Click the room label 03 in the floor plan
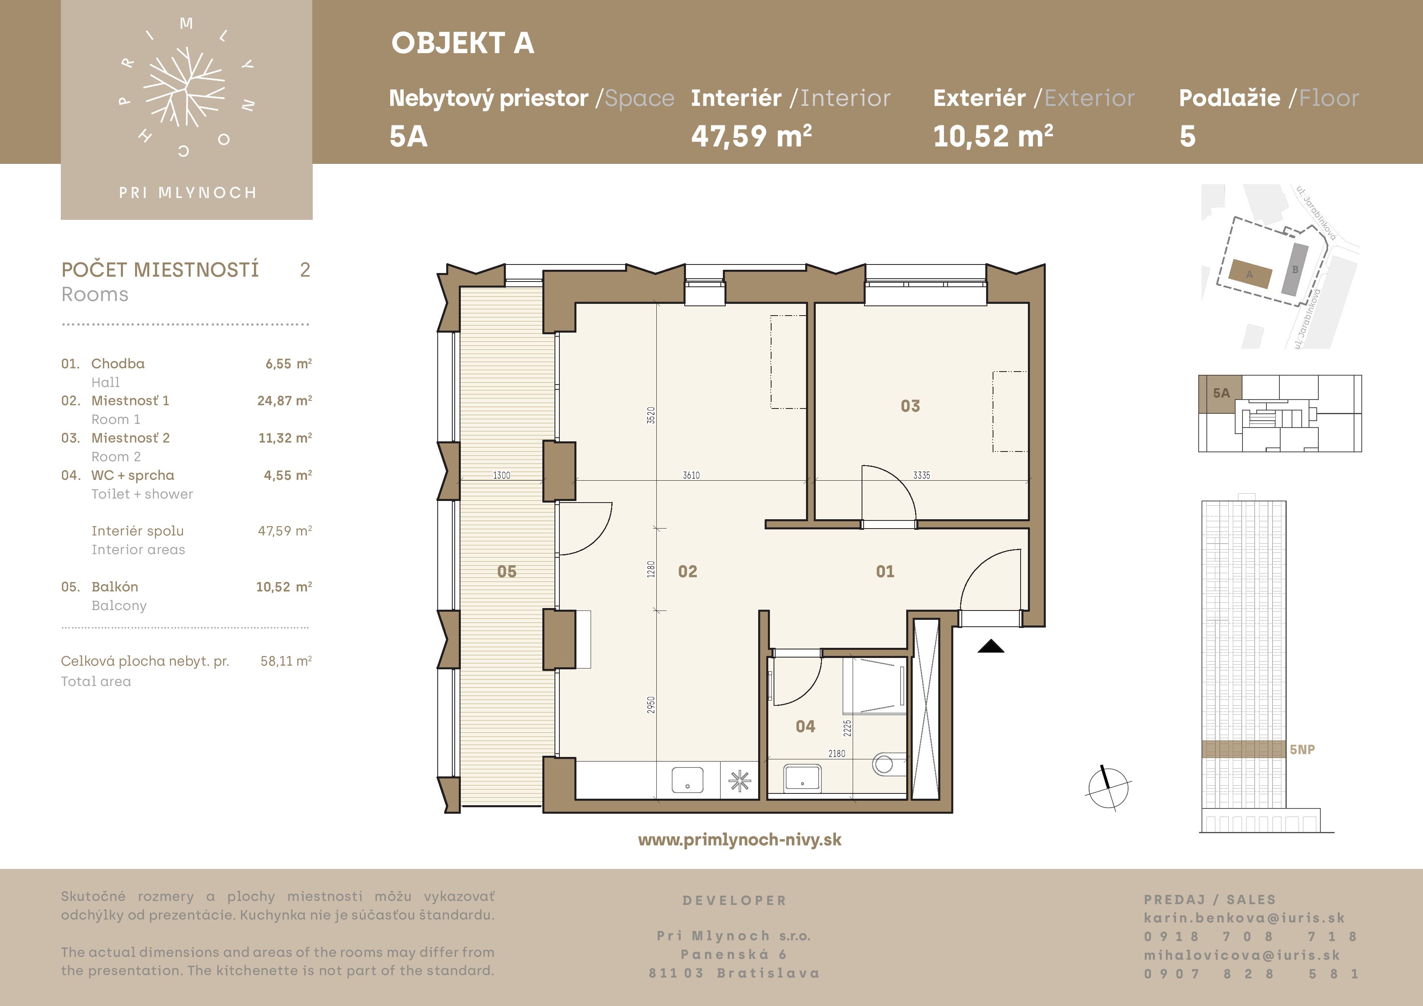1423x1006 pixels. [x=910, y=406]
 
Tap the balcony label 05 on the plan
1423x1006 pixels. [x=506, y=572]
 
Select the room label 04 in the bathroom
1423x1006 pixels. [x=805, y=727]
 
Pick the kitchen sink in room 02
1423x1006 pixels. [x=687, y=780]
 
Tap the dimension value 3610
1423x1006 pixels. [x=691, y=475]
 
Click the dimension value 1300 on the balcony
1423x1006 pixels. [x=501, y=475]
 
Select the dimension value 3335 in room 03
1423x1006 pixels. [x=922, y=475]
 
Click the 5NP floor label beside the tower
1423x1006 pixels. [x=1302, y=749]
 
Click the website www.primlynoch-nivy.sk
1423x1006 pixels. [x=739, y=840]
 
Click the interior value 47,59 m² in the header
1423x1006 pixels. [x=751, y=136]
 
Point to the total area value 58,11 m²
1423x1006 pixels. [x=286, y=661]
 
